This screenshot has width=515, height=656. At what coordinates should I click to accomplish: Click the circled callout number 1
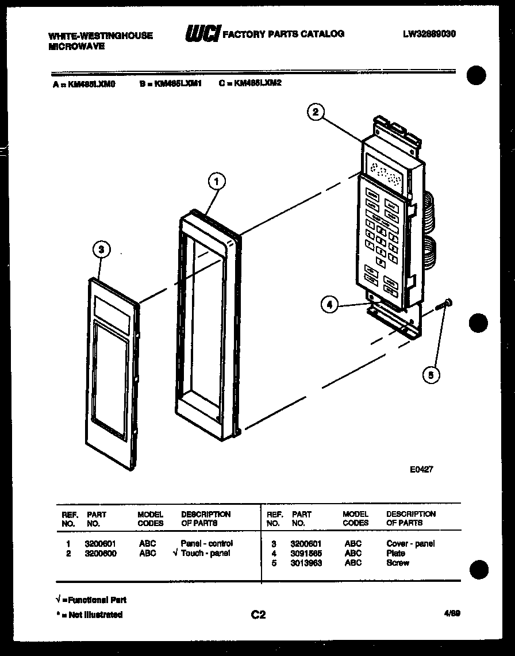[216, 182]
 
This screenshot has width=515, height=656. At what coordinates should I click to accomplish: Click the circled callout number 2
[315, 112]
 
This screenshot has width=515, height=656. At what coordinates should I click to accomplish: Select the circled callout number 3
[101, 250]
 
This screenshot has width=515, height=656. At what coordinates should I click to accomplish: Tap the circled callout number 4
[329, 306]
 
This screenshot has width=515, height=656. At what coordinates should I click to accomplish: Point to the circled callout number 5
[431, 375]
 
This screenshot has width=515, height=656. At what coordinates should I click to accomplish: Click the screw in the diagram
[446, 304]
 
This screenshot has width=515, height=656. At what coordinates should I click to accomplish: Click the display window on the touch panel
[385, 170]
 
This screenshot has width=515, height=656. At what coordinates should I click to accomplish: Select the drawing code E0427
[421, 469]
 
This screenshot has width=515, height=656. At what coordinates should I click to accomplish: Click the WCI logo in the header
[202, 34]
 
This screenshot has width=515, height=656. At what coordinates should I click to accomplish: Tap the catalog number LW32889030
[429, 34]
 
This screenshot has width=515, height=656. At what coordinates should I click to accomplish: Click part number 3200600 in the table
[100, 553]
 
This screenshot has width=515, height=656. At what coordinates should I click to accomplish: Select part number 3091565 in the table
[306, 553]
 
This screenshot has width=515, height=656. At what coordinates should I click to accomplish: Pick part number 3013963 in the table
[306, 563]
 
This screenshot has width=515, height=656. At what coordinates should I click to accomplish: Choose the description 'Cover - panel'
[410, 543]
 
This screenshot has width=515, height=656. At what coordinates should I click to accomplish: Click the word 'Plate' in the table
[395, 553]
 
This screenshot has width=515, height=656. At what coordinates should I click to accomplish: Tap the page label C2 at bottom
[258, 615]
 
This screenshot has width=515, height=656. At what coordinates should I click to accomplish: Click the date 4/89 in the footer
[452, 614]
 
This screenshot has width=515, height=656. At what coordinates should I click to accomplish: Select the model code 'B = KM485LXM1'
[170, 83]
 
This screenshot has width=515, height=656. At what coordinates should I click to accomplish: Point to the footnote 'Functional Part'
[91, 600]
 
